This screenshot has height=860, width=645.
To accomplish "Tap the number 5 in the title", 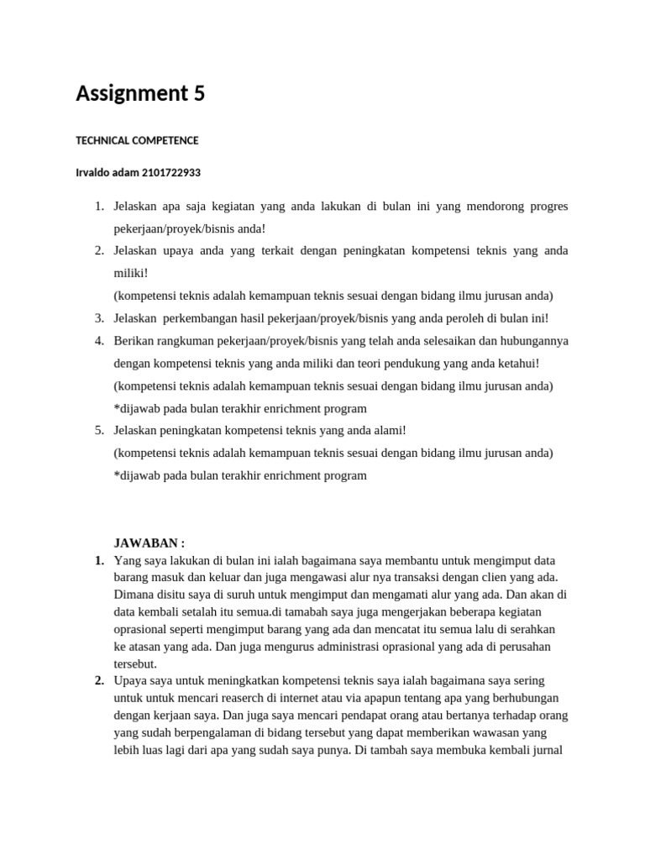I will [x=199, y=93].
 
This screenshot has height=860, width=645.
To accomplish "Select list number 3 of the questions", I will [x=98, y=318].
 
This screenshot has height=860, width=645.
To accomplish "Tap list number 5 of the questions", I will [x=98, y=430].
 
